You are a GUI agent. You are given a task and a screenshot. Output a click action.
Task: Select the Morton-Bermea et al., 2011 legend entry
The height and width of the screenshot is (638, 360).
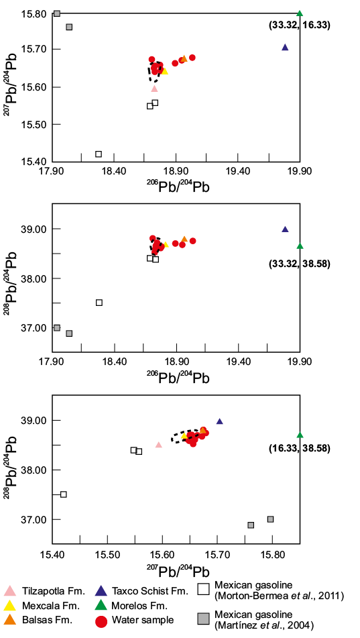click(x=271, y=590)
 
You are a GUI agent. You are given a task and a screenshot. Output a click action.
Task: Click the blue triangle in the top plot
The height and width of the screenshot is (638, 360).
click(x=285, y=47)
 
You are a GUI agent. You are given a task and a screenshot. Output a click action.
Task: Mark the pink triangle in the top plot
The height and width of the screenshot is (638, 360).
click(x=154, y=89)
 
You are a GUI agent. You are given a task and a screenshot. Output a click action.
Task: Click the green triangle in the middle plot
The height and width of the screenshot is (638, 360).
click(x=300, y=246)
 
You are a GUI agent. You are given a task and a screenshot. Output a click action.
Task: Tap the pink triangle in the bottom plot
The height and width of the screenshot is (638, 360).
click(x=159, y=445)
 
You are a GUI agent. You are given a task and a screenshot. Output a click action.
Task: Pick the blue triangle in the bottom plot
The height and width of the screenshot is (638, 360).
click(x=220, y=421)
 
